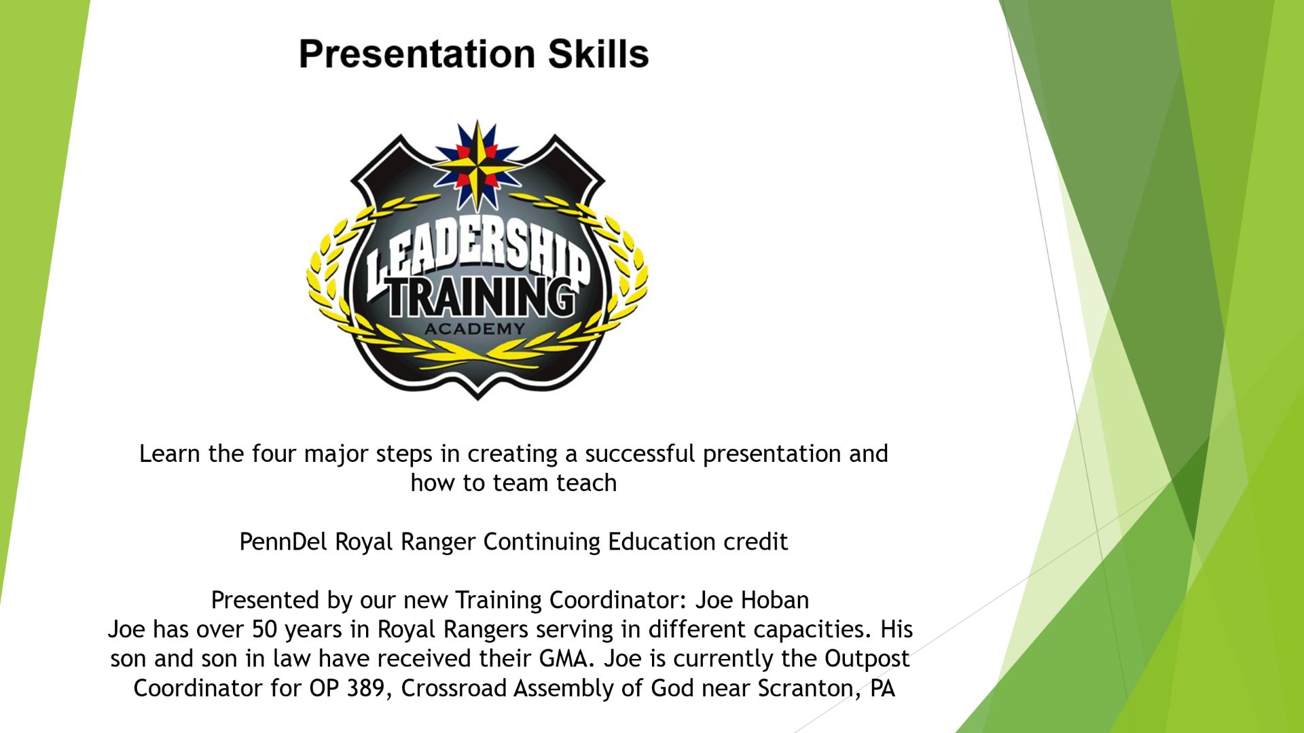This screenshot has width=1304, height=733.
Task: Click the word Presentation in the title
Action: (417, 54)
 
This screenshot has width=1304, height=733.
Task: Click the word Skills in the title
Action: (598, 54)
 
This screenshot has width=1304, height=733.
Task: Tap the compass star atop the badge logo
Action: (477, 165)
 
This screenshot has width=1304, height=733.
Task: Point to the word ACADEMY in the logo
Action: (475, 329)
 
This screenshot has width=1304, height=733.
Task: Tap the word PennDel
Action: (283, 542)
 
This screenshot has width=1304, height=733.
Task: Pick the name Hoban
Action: (775, 601)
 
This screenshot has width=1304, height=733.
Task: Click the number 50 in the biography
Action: (265, 630)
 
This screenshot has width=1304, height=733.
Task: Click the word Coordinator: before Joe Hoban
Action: (619, 601)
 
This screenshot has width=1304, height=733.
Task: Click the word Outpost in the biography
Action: (867, 659)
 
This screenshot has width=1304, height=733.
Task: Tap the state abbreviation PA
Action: (882, 688)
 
